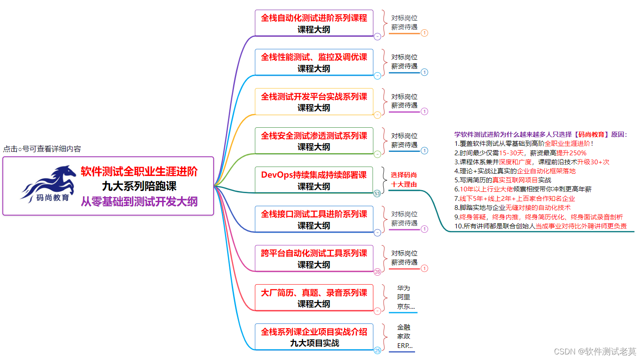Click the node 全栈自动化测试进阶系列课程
[x=314, y=23]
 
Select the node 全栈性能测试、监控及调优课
[x=314, y=62]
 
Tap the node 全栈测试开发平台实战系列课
[x=314, y=102]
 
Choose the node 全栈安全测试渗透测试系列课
[x=314, y=141]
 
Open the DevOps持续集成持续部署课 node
[x=314, y=180]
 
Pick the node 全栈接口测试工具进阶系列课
[x=314, y=219]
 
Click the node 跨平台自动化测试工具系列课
[x=314, y=258]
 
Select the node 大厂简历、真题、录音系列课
[x=314, y=298]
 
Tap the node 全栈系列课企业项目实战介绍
[x=314, y=337]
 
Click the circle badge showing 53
[x=377, y=194]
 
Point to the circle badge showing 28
[x=377, y=272]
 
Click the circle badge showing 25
[x=377, y=351]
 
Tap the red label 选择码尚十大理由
[x=404, y=180]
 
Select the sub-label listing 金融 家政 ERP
[x=404, y=336]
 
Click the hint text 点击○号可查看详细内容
[x=42, y=149]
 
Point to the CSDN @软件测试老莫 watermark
[x=595, y=351]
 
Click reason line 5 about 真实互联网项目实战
[x=502, y=180]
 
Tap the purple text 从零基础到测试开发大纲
[x=139, y=201]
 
